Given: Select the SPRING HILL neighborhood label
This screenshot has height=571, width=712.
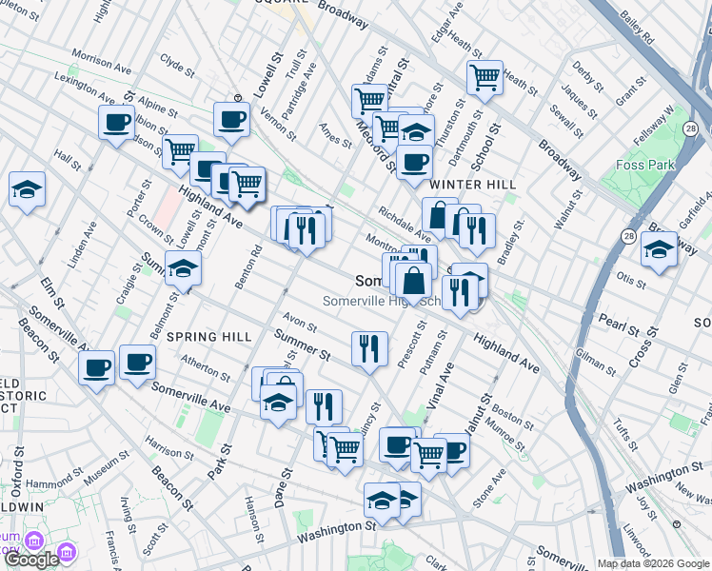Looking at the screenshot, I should point(209,337).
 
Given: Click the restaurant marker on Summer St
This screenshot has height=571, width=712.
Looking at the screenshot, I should point(369,348).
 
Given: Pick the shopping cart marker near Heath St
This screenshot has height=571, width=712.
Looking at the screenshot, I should point(485,78).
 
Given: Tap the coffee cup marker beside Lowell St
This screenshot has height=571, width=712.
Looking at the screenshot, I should point(231,120).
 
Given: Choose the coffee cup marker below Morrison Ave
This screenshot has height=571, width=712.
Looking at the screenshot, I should point(117,124).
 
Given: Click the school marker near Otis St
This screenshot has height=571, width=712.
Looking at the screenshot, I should point(659,251).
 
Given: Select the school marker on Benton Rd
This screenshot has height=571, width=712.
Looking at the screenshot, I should point(184,269).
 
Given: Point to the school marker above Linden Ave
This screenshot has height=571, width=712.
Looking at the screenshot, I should point(27,189).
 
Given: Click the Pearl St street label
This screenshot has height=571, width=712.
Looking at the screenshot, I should point(620,323).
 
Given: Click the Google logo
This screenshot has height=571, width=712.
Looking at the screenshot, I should point(31,559).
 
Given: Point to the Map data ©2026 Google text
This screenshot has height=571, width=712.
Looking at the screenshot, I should point(651,563).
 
